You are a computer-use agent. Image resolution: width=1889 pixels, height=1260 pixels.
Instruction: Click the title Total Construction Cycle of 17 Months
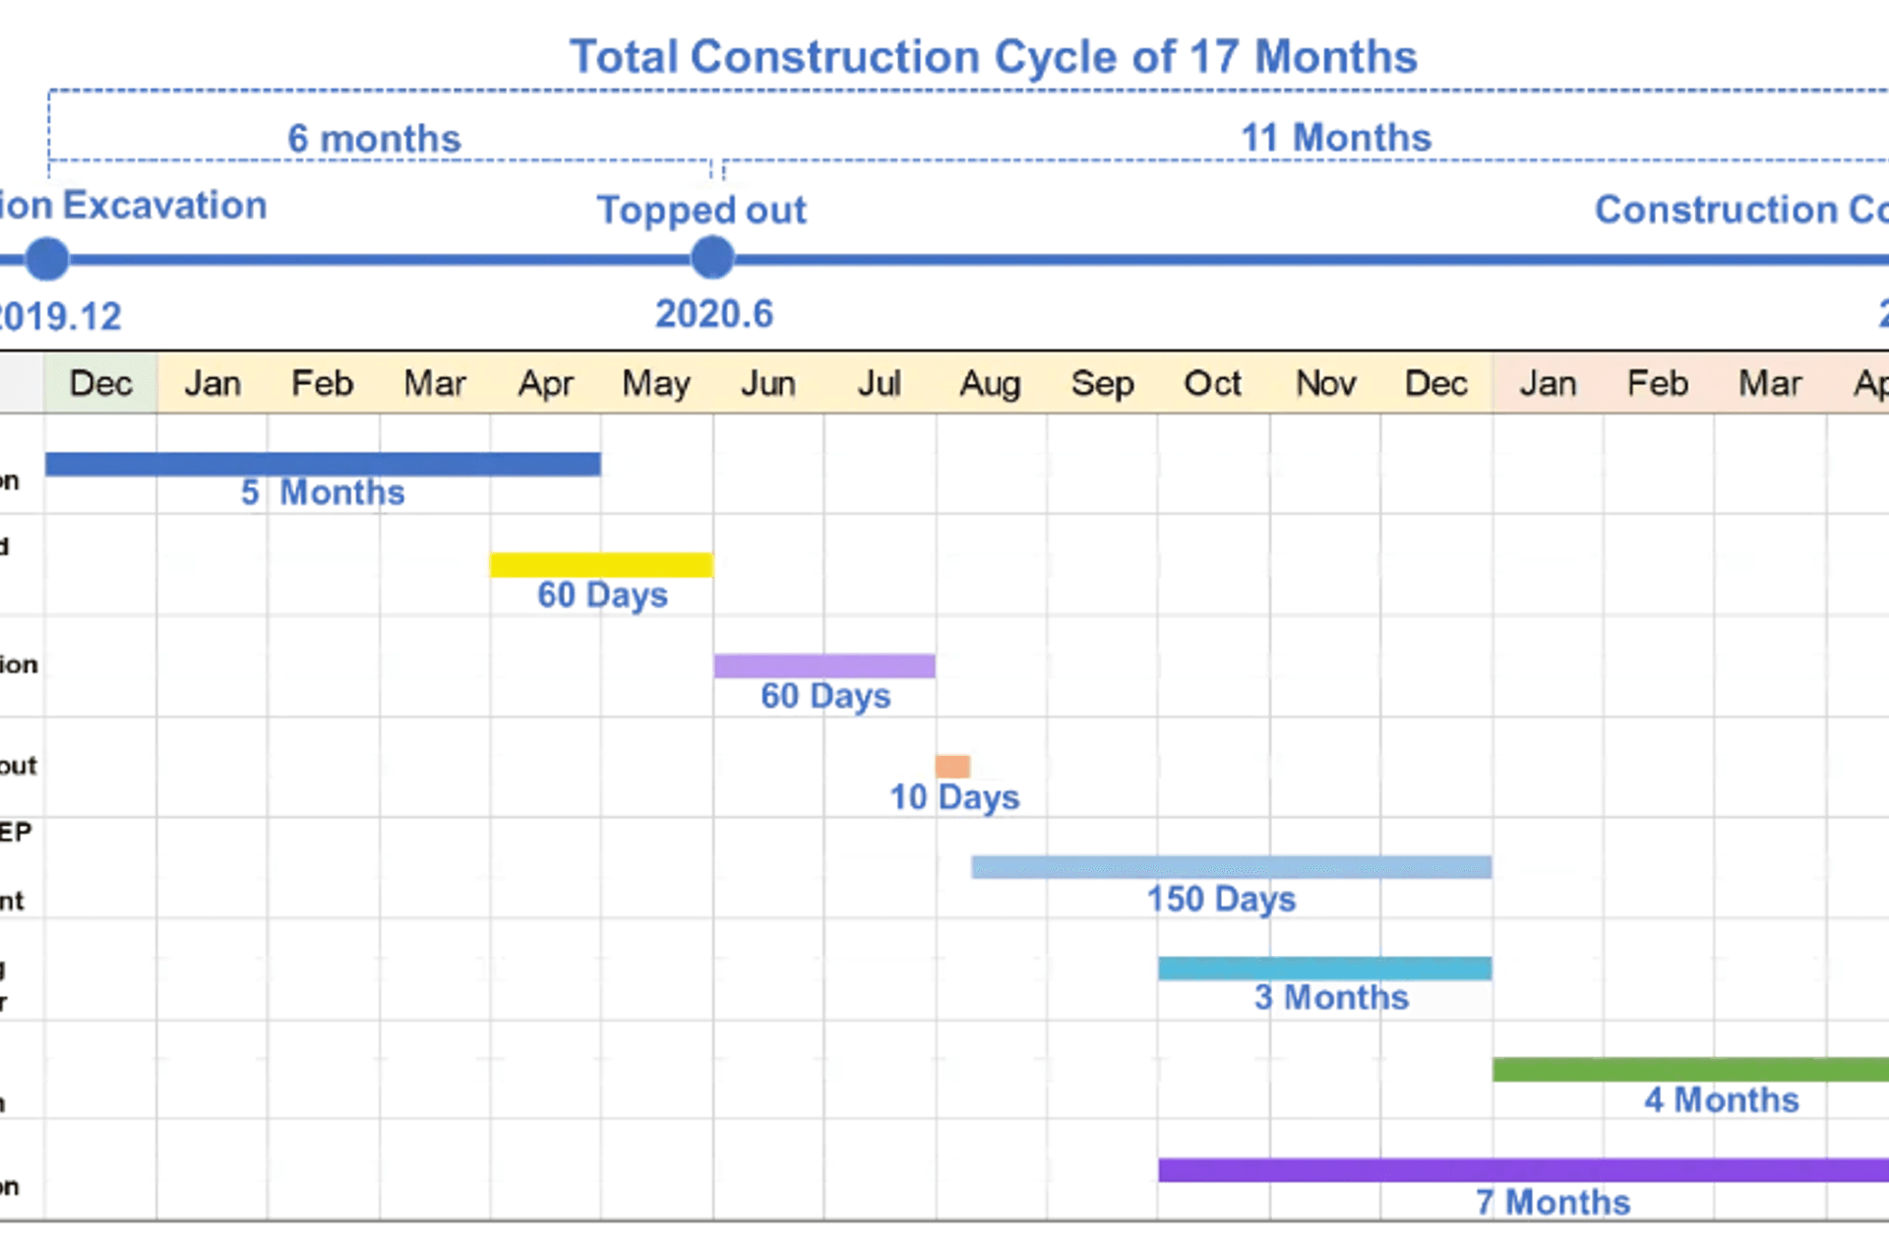tap(993, 57)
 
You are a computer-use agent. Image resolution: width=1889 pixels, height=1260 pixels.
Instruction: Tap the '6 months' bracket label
tap(374, 139)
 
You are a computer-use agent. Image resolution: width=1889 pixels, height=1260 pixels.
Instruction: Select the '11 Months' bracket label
tap(1335, 138)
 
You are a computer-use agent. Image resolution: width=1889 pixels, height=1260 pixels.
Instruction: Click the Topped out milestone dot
tap(712, 259)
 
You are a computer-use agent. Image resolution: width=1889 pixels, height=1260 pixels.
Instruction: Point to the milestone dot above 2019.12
tap(47, 260)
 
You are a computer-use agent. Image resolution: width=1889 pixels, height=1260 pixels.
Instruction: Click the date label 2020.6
tap(714, 315)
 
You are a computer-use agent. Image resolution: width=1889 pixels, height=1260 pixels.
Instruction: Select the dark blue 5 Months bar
tap(323, 464)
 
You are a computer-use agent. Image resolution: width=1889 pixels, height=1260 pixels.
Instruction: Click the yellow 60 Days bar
tap(601, 565)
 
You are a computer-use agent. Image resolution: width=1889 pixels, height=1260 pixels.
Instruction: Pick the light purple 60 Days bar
tap(824, 666)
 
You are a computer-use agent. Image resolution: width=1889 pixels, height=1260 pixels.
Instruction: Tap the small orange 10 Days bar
tap(952, 766)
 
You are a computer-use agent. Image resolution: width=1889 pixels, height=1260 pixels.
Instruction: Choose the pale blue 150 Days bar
tap(1231, 867)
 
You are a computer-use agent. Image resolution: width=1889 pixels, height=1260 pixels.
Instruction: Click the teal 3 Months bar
tap(1324, 969)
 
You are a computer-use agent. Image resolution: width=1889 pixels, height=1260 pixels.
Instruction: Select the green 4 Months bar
tap(1690, 1070)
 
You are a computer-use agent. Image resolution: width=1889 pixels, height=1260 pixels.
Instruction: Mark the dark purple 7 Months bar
tap(1523, 1170)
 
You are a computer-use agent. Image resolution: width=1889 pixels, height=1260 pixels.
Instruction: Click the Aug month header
tap(990, 383)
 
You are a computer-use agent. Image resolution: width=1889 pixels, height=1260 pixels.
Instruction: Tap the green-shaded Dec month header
tap(100, 383)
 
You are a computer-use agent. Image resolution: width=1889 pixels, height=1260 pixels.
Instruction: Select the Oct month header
tap(1212, 383)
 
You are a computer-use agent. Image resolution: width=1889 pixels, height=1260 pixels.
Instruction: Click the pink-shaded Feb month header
tap(1658, 383)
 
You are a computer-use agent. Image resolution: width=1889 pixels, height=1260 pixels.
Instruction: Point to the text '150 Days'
tap(1221, 899)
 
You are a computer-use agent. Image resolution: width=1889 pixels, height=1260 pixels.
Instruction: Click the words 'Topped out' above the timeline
tap(701, 210)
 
